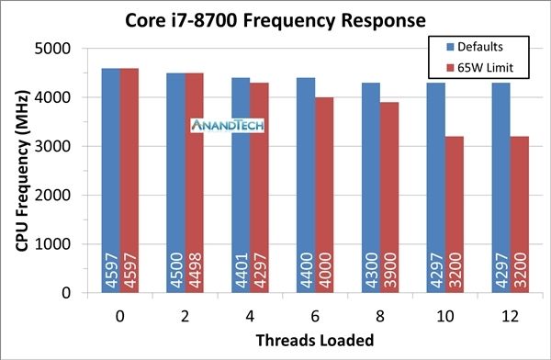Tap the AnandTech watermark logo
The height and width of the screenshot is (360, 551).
coord(220,126)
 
